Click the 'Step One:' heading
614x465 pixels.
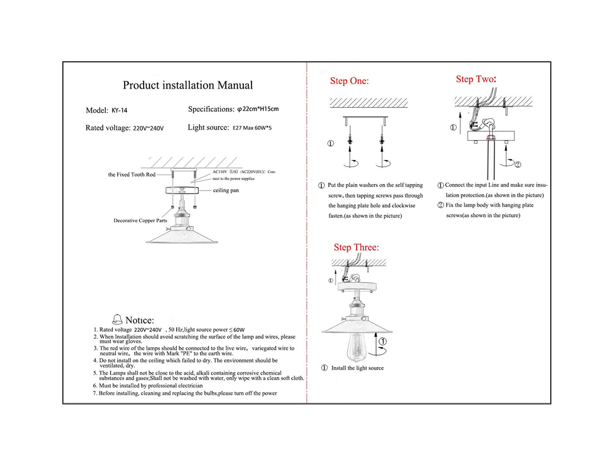(349, 81)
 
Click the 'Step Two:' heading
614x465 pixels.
(476, 79)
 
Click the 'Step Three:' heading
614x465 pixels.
(356, 247)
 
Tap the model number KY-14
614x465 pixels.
(119, 110)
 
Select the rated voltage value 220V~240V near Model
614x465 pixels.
(148, 128)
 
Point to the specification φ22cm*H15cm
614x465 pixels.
(258, 109)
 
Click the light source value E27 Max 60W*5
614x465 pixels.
(252, 128)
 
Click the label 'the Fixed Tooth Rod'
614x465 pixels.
(132, 174)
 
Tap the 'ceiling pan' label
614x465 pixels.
(226, 190)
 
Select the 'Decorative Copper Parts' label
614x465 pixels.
(140, 221)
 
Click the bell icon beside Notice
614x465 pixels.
(117, 320)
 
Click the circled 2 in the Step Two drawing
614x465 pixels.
(518, 165)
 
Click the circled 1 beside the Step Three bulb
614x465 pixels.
(383, 341)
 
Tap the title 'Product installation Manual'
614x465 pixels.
(188, 85)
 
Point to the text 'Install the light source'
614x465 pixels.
(357, 368)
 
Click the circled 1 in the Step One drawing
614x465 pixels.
(331, 143)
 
